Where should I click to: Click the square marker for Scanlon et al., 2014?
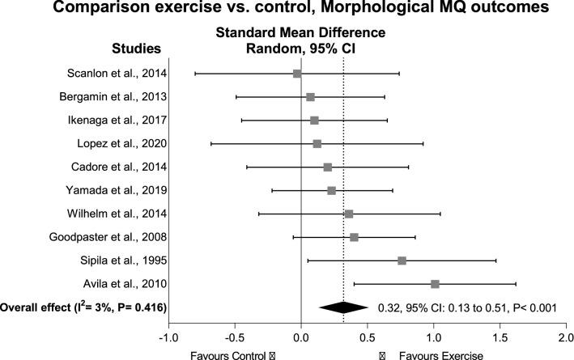coord(297,74)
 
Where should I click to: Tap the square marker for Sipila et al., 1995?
coord(402,260)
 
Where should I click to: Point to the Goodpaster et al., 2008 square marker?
coord(354,237)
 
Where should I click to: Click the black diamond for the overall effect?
coord(343,307)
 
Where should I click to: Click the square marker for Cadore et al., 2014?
coord(327,167)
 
